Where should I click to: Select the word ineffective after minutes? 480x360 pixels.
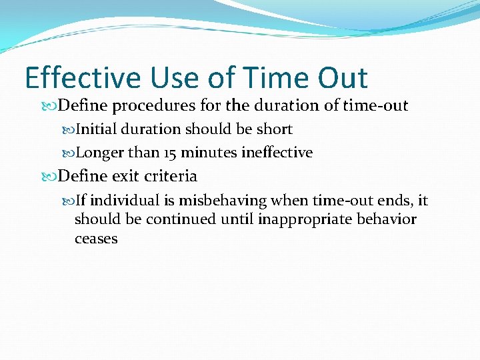click(x=277, y=153)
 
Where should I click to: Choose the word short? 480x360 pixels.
click(x=273, y=129)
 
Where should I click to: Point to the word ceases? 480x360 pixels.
click(x=96, y=238)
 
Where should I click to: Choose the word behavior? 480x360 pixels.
click(x=388, y=219)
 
